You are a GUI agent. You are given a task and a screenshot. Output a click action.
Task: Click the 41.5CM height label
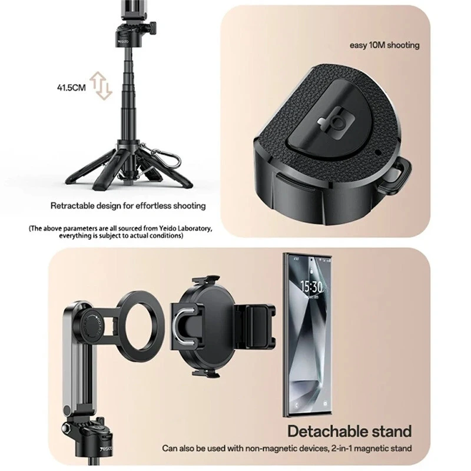(x=71, y=88)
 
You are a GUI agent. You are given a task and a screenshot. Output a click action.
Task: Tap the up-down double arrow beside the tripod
(x=101, y=85)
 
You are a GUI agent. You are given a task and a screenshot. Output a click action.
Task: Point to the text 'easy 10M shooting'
(x=384, y=45)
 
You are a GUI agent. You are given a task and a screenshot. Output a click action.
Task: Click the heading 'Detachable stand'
(x=350, y=432)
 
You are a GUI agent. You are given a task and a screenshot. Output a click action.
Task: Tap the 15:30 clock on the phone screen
(x=311, y=287)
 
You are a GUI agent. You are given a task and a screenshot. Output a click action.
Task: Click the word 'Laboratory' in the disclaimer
(x=194, y=228)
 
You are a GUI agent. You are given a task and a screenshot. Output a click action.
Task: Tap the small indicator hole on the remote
(x=378, y=152)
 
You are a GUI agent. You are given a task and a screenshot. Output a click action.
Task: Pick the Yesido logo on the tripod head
(x=124, y=41)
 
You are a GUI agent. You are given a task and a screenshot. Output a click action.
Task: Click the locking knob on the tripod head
(x=152, y=28)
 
